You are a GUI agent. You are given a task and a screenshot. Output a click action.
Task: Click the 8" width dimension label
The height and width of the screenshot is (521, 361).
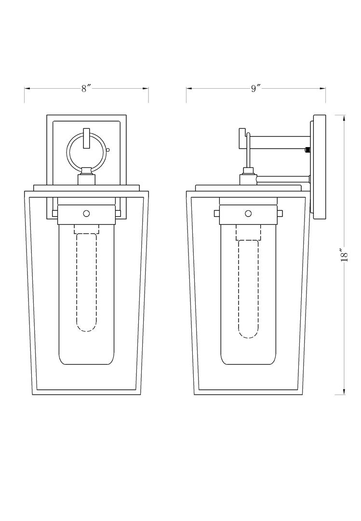(x=86, y=88)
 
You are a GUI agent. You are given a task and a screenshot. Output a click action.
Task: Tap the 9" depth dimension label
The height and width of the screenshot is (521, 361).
(x=255, y=88)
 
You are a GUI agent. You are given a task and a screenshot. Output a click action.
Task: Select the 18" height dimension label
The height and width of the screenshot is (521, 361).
(x=343, y=254)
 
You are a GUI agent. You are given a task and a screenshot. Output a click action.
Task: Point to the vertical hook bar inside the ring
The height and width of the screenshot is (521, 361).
(x=86, y=139)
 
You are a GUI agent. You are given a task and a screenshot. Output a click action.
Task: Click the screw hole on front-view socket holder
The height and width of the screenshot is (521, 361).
(x=86, y=213)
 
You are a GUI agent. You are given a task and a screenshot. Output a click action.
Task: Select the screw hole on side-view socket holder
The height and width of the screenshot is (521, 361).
(x=248, y=213)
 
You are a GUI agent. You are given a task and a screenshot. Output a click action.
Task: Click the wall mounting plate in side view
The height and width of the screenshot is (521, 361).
(x=320, y=166)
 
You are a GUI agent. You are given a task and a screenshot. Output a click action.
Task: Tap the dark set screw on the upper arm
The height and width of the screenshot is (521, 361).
(x=307, y=150)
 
